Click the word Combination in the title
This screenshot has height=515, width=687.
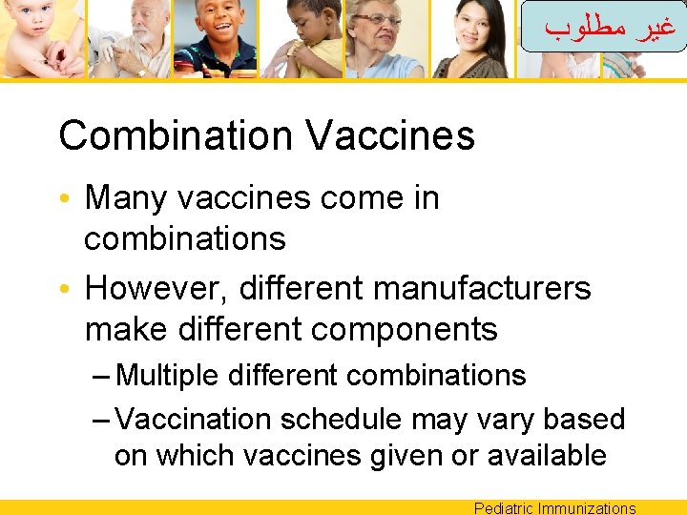coord(177,135)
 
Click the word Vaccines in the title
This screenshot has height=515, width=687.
coord(390,135)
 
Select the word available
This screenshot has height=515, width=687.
coord(546,456)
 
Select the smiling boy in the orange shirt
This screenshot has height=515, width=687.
coord(219,29)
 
